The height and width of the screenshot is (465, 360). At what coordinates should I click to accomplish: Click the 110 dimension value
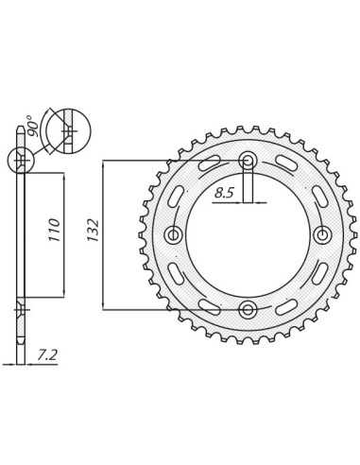pyautogui.click(x=54, y=230)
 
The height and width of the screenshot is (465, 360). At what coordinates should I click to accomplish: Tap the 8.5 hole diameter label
pyautogui.click(x=225, y=192)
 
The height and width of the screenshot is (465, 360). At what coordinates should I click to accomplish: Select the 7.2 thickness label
pyautogui.click(x=47, y=355)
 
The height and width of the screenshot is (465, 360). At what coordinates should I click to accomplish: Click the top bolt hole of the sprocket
pyautogui.click(x=248, y=162)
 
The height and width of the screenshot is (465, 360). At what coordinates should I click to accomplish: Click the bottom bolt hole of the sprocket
pyautogui.click(x=248, y=310)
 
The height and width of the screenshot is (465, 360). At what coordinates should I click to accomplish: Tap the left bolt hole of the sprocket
pyautogui.click(x=173, y=234)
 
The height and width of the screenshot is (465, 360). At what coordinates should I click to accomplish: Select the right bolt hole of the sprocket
pyautogui.click(x=322, y=234)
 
